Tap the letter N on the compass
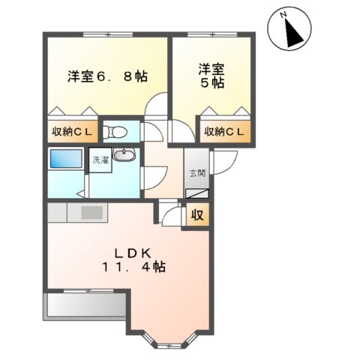click(283, 15)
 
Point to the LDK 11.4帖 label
click(134, 259)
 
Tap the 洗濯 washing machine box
click(100, 160)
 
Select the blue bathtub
click(66, 159)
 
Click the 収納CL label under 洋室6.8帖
click(72, 133)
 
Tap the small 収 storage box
click(197, 215)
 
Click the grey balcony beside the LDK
click(85, 307)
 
